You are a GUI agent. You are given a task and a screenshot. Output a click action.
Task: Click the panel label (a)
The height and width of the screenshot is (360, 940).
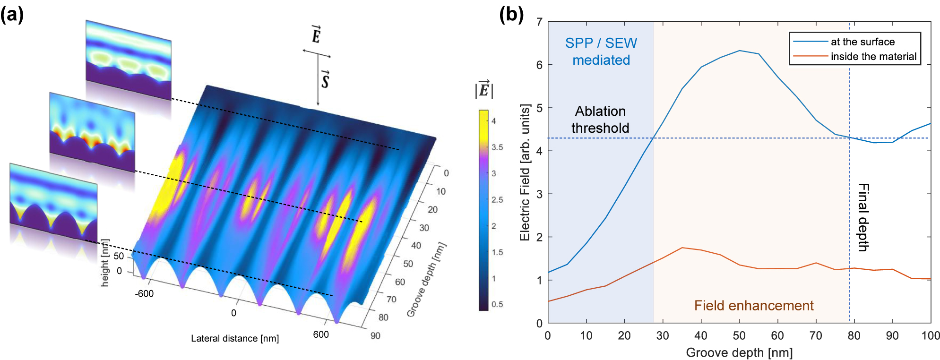[12, 15]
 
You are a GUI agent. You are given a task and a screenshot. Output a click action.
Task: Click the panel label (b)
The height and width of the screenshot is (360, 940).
[511, 15]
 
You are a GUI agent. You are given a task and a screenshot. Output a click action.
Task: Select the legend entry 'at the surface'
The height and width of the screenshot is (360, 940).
[862, 42]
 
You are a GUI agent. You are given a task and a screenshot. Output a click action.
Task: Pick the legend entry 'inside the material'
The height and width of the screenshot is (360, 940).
[873, 57]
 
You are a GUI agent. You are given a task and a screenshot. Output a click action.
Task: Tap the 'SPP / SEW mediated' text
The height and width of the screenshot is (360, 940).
[601, 51]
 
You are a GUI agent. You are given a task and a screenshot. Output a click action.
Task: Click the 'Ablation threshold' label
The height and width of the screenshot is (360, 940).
[600, 120]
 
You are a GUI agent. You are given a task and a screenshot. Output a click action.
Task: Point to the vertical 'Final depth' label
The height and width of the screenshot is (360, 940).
[863, 217]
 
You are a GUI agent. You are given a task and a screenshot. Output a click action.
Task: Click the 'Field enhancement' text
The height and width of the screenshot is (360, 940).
[754, 306]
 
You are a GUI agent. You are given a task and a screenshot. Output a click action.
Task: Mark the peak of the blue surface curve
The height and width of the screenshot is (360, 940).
[740, 51]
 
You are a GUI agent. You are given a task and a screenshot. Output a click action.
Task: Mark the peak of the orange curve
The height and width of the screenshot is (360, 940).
[682, 248]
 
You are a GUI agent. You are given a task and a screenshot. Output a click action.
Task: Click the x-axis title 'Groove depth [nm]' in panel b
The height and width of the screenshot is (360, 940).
[739, 352]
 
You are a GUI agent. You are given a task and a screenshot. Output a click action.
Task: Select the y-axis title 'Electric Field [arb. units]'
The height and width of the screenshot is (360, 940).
[525, 172]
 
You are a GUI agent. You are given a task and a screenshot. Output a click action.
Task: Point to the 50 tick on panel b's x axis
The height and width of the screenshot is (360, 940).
[739, 336]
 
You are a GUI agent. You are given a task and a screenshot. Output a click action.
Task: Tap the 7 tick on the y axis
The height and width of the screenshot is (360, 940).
[539, 22]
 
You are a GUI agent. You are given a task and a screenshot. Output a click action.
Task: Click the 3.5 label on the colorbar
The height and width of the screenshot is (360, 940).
[497, 147]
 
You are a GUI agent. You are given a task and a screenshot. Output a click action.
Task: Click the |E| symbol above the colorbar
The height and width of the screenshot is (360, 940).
[484, 89]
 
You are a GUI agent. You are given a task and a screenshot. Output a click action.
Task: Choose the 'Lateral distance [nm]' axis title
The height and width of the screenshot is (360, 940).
[235, 339]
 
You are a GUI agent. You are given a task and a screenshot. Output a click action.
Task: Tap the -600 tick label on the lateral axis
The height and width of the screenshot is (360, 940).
[144, 294]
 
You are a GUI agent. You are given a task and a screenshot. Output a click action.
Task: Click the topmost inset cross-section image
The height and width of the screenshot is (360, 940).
[129, 59]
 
